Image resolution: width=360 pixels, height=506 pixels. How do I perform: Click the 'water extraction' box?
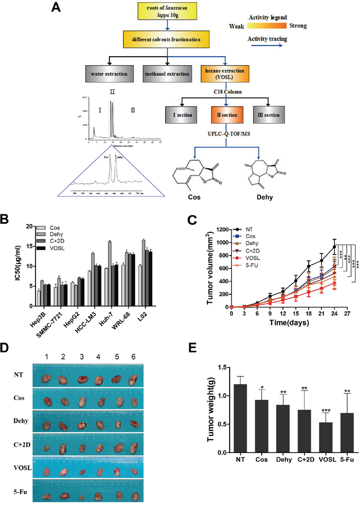(x=109, y=74)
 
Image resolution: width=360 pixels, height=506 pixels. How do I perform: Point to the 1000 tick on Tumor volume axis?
(x=226, y=242)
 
